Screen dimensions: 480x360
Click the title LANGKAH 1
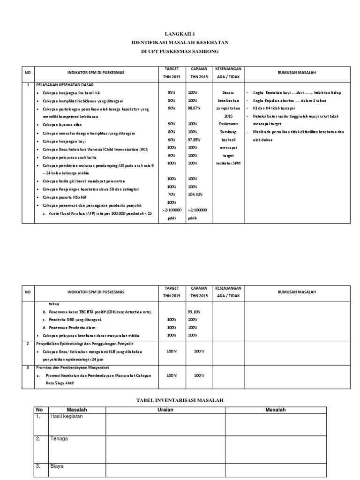pos(180,34)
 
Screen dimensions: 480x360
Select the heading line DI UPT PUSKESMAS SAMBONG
pos(180,51)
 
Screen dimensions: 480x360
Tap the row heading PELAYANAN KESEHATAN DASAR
pos(65,85)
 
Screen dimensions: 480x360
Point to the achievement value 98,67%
pos(195,108)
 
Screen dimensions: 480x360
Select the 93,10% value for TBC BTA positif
pos(195,312)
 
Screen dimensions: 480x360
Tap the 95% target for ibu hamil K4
pos(171,92)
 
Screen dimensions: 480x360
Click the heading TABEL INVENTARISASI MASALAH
pos(180,400)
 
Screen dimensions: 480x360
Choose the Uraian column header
pos(165,410)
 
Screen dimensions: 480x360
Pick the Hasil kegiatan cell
pos(66,417)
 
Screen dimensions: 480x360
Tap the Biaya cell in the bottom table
pos(57,466)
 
